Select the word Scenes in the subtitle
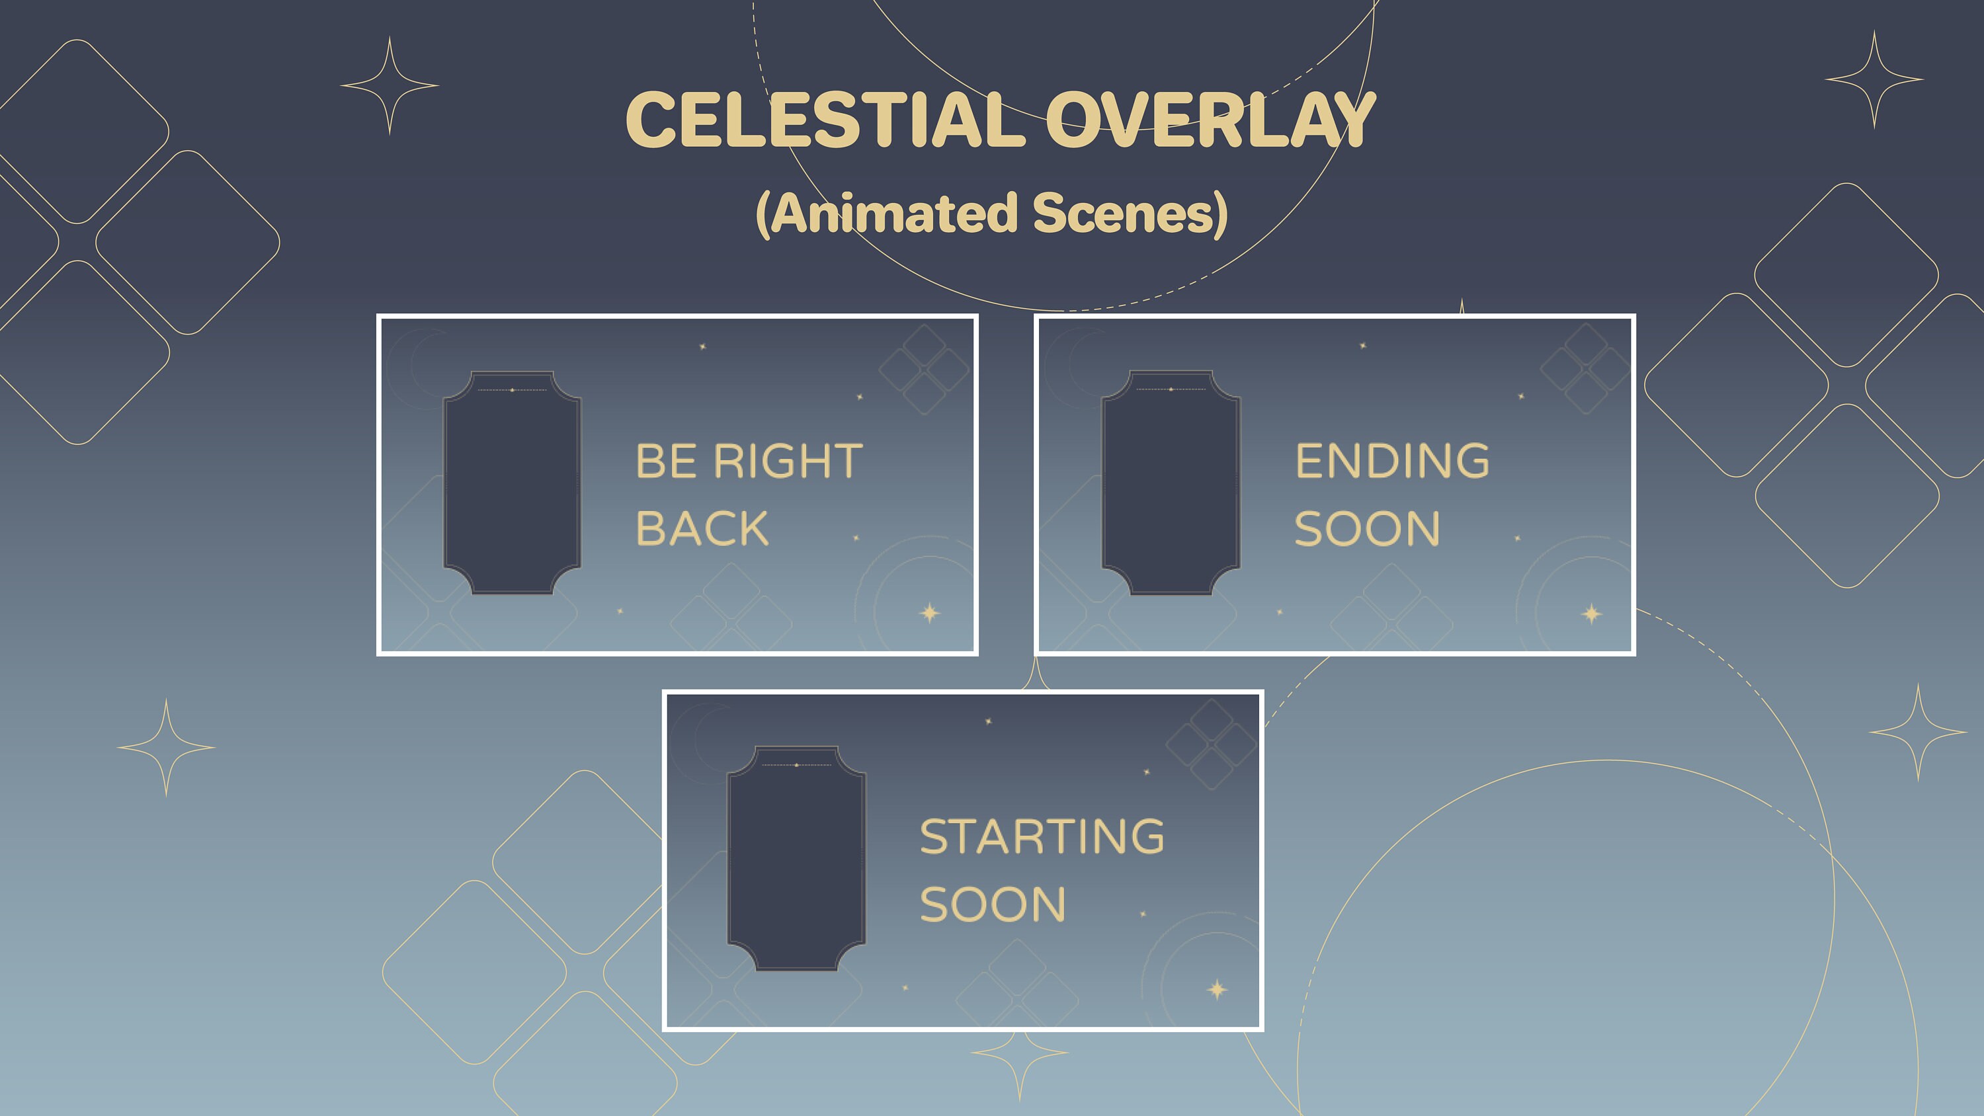(x=1124, y=214)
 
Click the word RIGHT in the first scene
(x=788, y=461)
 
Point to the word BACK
(x=702, y=529)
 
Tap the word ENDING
(x=1391, y=461)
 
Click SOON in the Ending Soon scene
(x=1367, y=529)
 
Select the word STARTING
(x=1042, y=836)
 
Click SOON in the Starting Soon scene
(x=993, y=904)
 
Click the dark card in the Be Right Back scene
(x=512, y=483)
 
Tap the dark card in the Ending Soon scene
(x=1171, y=483)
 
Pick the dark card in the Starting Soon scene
(x=796, y=858)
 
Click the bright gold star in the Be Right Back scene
(x=930, y=613)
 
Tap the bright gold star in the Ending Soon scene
(x=1591, y=614)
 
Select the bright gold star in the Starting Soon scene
(x=1217, y=989)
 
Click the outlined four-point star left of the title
(x=390, y=85)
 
